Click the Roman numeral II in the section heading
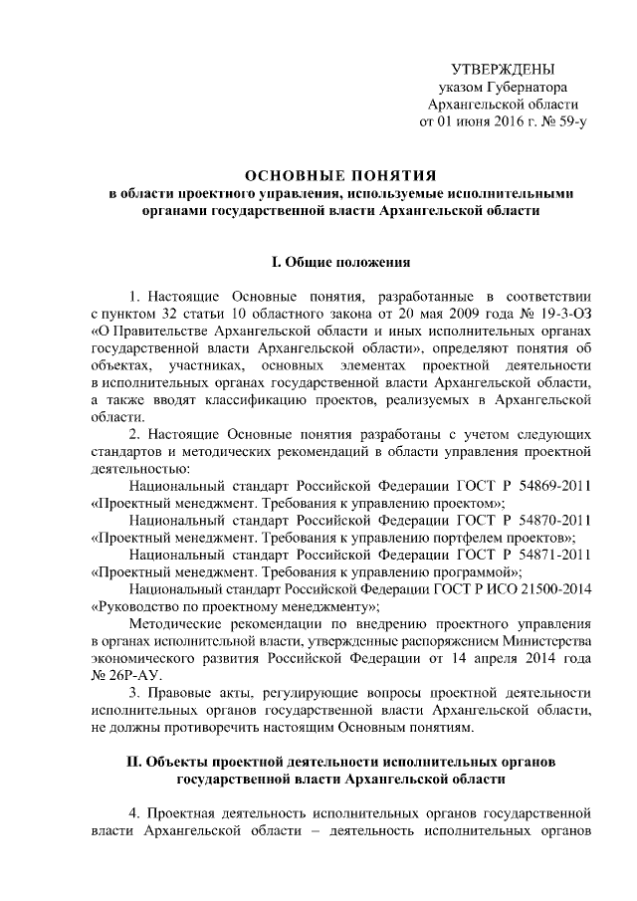coord(135,762)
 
